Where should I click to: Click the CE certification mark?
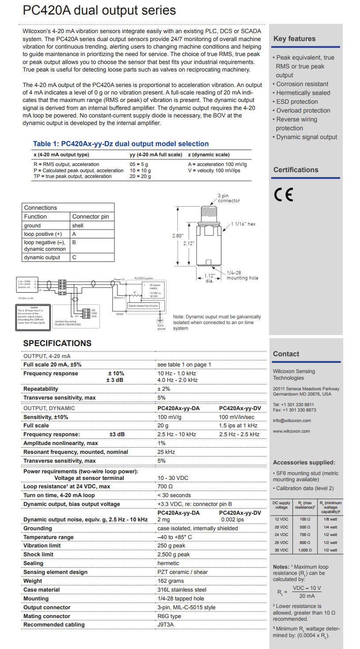tap(283, 195)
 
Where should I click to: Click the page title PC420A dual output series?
tap(99, 10)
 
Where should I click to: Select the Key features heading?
tap(294, 39)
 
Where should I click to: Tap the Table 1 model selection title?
tap(121, 144)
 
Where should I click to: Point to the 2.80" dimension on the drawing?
tap(178, 236)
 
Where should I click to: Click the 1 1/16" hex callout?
tap(244, 224)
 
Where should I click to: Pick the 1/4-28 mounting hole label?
tap(242, 275)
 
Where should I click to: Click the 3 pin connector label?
tap(229, 198)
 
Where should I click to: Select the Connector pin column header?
tap(91, 217)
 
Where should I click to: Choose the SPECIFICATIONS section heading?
tap(57, 343)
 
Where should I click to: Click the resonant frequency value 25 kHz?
tap(166, 452)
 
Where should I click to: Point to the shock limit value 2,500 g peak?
tap(174, 555)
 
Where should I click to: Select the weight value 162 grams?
tap(171, 581)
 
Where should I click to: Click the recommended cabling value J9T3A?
tap(166, 625)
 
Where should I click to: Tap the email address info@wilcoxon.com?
tap(292, 420)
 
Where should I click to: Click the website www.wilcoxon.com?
tap(291, 431)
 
